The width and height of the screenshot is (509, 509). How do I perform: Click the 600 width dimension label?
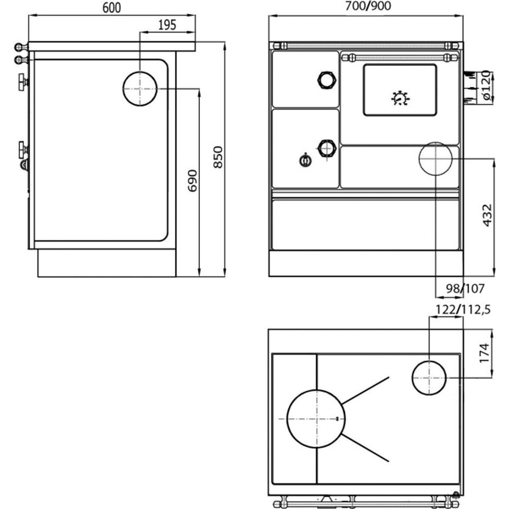pyautogui.click(x=112, y=8)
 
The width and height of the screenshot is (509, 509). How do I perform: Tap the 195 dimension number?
pyautogui.click(x=167, y=25)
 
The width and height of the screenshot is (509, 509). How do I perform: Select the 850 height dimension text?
pyautogui.click(x=218, y=157)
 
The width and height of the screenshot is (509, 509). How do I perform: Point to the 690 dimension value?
pyautogui.click(x=193, y=181)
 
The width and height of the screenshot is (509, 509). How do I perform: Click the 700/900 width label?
pyautogui.click(x=368, y=6)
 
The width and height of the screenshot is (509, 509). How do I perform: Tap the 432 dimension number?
pyautogui.click(x=487, y=215)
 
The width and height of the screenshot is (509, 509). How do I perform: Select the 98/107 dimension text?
pyautogui.click(x=465, y=288)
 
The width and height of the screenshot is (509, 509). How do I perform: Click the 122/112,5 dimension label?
pyautogui.click(x=463, y=310)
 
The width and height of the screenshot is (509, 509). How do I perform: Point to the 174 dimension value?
pyautogui.click(x=483, y=353)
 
